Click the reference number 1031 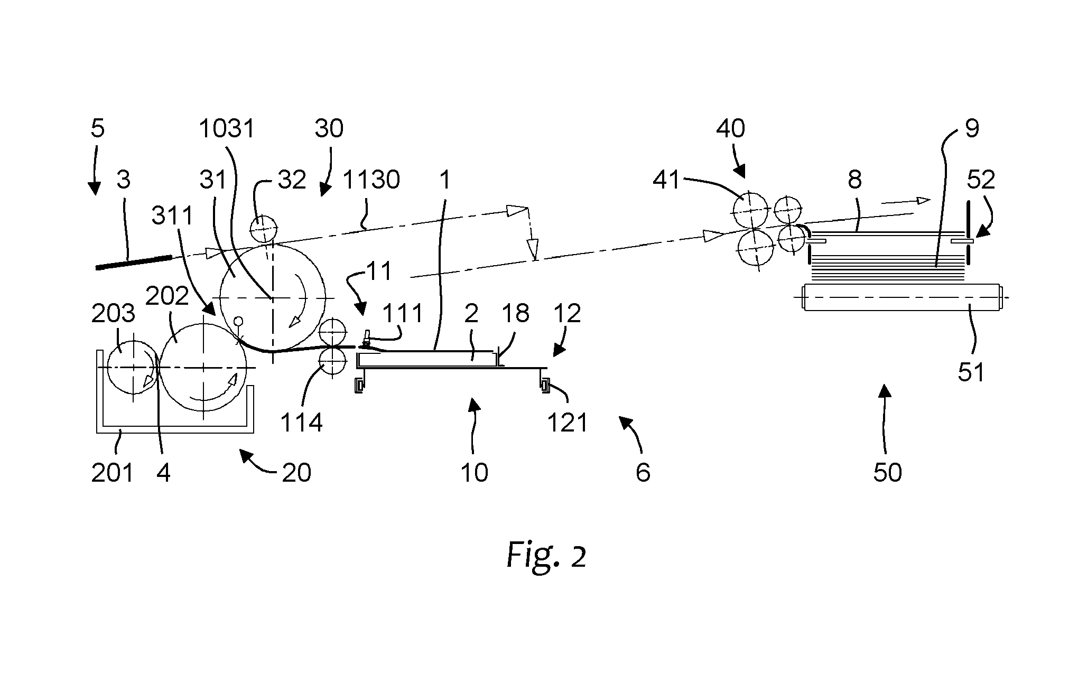pos(227,128)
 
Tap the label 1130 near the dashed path pos(371,180)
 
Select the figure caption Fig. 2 pos(546,556)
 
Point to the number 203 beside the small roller pos(113,314)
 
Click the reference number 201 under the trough pos(113,472)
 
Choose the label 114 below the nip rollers pos(301,423)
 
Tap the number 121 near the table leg pos(568,423)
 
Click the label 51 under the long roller pos(971,372)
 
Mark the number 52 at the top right pos(981,180)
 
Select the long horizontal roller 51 pos(903,298)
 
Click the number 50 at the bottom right pos(887,472)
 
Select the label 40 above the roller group pos(731,128)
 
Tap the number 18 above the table pos(515,314)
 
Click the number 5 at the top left pos(98,128)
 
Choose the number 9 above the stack pos(972,128)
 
